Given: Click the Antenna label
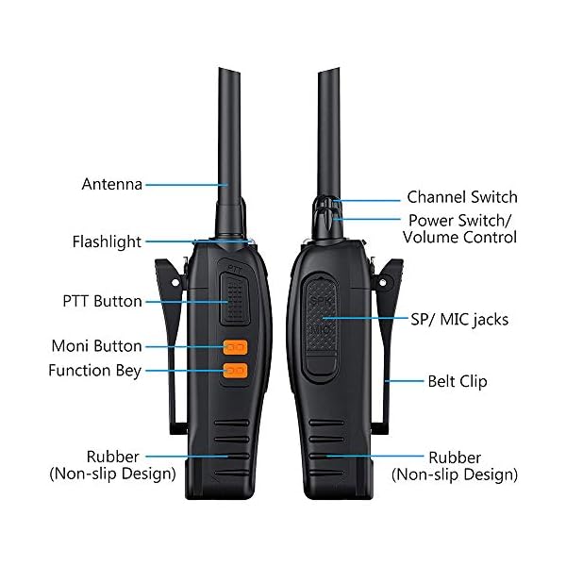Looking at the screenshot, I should [x=112, y=184].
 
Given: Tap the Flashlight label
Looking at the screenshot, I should [x=107, y=241].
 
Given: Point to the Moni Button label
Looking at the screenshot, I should [x=96, y=346].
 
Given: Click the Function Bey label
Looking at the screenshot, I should [x=94, y=371].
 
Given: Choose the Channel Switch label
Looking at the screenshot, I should [x=461, y=197].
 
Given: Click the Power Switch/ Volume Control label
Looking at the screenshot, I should [x=459, y=228].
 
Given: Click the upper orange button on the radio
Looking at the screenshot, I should [x=234, y=347].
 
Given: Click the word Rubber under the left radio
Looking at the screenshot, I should [x=112, y=458].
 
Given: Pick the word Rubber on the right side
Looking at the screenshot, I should [x=455, y=458].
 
